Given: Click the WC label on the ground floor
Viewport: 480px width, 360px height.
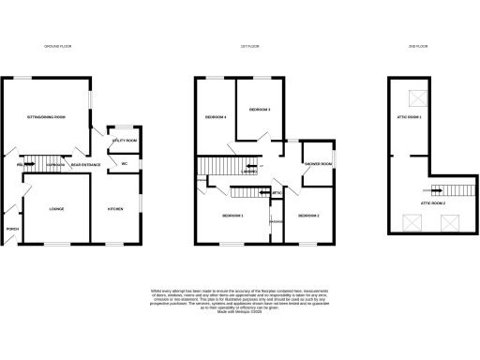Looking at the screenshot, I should point(123,164).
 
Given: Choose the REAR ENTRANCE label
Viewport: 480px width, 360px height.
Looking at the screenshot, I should point(85,165).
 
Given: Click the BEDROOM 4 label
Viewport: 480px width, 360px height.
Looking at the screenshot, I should point(216,117).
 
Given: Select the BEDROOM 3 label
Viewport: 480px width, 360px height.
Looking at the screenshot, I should point(260,110).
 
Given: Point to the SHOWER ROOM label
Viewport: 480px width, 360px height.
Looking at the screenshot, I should point(318,164).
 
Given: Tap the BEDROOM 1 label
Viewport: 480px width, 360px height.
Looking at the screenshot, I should point(232,217).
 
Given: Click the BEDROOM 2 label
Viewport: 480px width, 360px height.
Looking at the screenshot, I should point(309,217).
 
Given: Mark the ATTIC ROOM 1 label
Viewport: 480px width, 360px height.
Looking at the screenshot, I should point(408,117).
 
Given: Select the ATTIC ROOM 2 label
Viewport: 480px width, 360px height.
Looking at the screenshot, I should point(432,202).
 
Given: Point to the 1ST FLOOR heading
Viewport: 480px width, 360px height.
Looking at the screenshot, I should point(249,46).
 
